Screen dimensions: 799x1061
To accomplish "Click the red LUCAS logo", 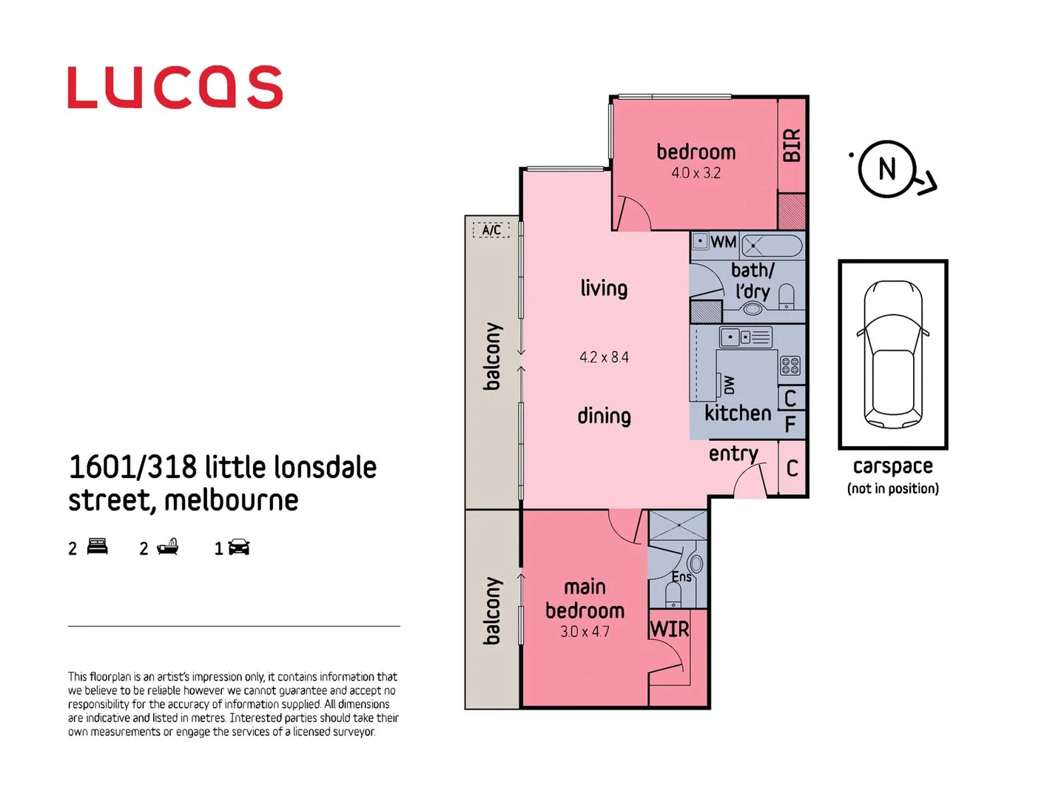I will click(x=175, y=87).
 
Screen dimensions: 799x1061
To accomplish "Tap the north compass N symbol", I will click(x=887, y=169).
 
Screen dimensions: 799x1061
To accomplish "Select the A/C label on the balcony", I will click(x=491, y=230).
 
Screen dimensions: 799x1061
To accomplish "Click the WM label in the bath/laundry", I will click(x=723, y=242).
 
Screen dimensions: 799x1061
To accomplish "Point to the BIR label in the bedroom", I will click(x=792, y=145).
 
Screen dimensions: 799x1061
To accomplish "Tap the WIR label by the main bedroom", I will click(x=670, y=629).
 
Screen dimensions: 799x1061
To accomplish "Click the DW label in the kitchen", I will click(x=730, y=385).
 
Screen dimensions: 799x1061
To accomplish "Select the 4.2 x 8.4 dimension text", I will click(x=604, y=357).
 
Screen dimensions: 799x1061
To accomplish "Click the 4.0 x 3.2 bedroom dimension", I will click(x=695, y=173).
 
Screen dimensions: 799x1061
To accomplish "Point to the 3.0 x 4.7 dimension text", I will click(x=585, y=632).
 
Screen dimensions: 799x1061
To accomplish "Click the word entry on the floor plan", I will click(x=733, y=454).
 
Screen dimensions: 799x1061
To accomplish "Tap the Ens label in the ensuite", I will click(x=681, y=577).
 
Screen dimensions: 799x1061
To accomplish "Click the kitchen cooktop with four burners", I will click(x=789, y=365).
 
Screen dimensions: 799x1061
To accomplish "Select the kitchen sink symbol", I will click(x=745, y=337).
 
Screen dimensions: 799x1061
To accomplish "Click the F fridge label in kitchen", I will click(x=790, y=424).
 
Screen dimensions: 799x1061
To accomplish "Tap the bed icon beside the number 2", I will click(x=98, y=547).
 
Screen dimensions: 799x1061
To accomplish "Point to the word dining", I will click(x=604, y=416).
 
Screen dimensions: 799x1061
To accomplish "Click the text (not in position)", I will click(x=892, y=488).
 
